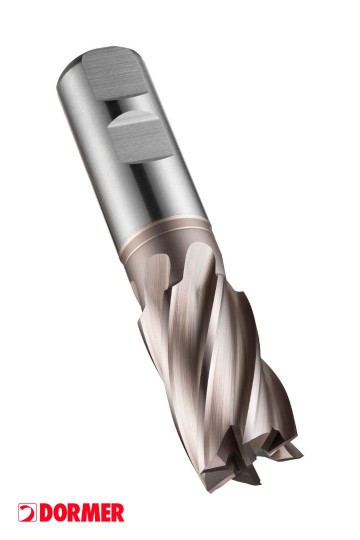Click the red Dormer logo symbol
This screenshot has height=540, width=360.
28,512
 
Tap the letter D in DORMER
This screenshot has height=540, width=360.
46,512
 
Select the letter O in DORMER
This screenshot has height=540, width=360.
60,512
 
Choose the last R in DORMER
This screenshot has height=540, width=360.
117,512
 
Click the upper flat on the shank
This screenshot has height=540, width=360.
115,75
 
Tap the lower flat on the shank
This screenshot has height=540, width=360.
140,138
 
